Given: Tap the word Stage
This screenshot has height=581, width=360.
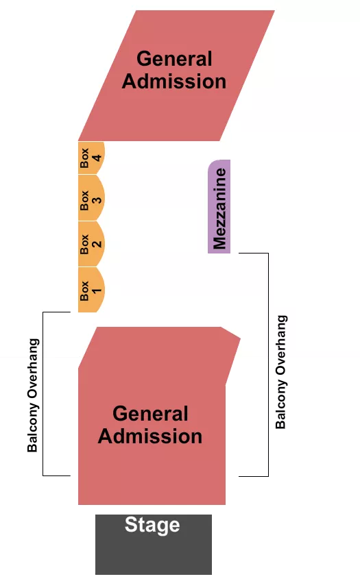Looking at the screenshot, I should pyautogui.click(x=152, y=526).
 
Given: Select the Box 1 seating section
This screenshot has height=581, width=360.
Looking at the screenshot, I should pyautogui.click(x=90, y=290).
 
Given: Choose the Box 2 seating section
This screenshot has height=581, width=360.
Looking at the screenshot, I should pyautogui.click(x=90, y=245).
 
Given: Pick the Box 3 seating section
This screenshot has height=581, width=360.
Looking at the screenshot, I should pyautogui.click(x=90, y=199).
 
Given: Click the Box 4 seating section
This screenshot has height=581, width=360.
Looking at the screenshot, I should pyautogui.click(x=90, y=158).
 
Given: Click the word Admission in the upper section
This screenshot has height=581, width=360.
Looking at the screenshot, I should pyautogui.click(x=174, y=82).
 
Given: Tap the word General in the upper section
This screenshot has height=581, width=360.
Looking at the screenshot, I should pyautogui.click(x=174, y=59).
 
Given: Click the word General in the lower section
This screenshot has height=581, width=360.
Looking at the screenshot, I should pyautogui.click(x=150, y=414).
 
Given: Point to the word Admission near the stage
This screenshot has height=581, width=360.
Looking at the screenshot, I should pyautogui.click(x=150, y=436).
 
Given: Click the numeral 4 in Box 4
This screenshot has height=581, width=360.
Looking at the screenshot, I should pyautogui.click(x=97, y=158).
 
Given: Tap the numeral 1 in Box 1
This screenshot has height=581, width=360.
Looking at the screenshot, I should pyautogui.click(x=97, y=290).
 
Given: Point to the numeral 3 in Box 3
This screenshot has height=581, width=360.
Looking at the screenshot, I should pyautogui.click(x=97, y=200).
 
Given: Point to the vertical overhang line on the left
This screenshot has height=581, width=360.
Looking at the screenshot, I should pyautogui.click(x=43, y=336).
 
